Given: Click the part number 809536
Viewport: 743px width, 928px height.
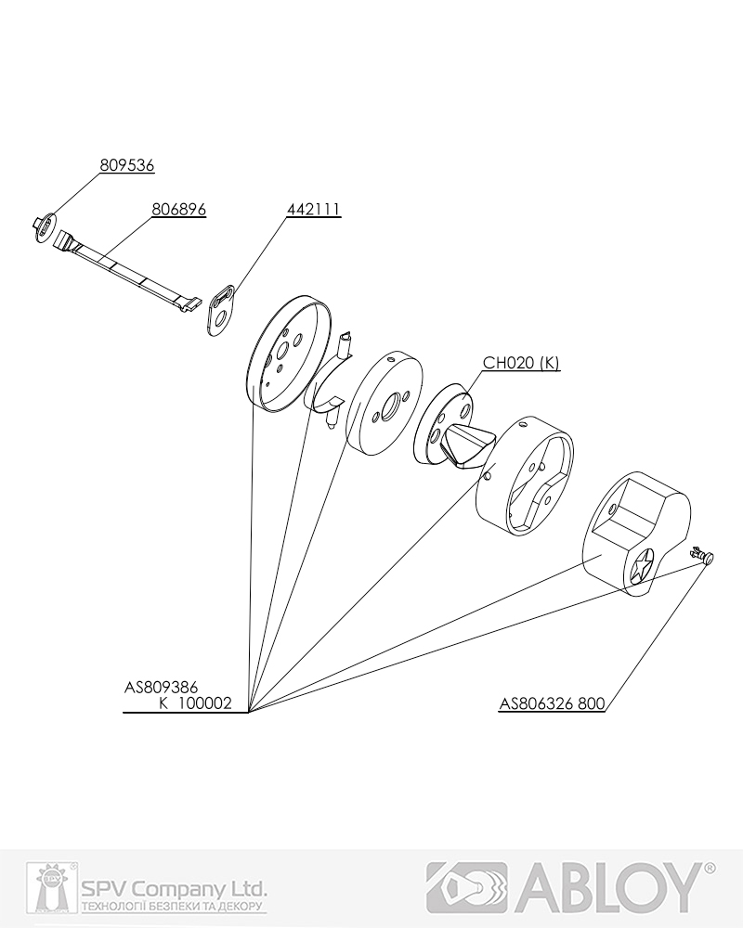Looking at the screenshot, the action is tap(127, 165).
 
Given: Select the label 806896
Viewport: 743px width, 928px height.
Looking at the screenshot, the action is tap(179, 210).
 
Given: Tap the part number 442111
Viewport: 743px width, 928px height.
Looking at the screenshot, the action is tap(314, 210).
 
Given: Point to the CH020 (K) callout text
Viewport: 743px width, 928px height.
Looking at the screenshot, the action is tap(521, 362).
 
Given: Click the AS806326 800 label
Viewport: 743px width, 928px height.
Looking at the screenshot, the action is tap(553, 703).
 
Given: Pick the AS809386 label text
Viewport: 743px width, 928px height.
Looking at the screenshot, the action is tap(161, 687).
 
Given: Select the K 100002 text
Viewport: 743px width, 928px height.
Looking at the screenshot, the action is tap(195, 703).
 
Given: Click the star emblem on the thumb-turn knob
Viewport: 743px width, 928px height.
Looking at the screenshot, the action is tap(643, 566).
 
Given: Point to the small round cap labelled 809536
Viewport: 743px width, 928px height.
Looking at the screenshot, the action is tap(44, 226).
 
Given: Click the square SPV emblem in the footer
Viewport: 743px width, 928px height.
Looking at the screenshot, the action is tap(48, 887).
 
